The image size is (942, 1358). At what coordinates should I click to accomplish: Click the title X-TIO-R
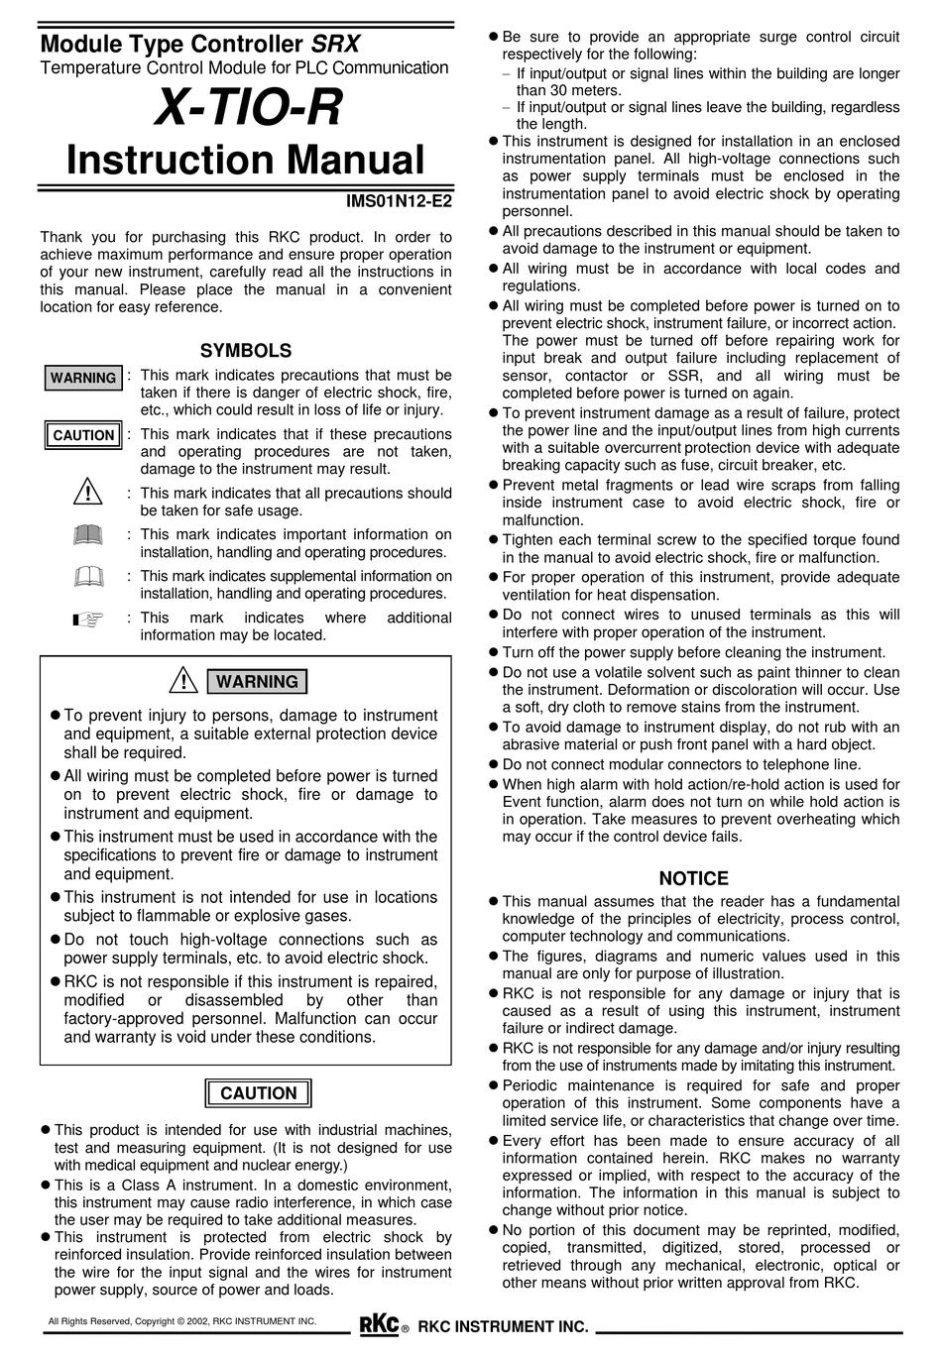[246, 108]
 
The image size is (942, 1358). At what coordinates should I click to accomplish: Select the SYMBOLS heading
[246, 351]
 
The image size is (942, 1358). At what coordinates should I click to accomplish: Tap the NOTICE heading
[693, 878]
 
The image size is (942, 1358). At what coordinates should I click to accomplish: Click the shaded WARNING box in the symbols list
[83, 378]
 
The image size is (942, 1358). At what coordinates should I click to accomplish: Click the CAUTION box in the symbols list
[83, 435]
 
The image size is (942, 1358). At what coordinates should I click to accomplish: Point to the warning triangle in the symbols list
[87, 492]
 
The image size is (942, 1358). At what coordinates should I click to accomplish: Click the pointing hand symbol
[87, 621]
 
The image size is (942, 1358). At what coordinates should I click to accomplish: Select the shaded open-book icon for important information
[87, 536]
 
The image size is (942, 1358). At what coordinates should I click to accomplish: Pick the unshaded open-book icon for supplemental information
[87, 577]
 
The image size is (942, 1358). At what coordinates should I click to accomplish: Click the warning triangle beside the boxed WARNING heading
[183, 681]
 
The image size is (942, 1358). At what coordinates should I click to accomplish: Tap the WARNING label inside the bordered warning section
[257, 682]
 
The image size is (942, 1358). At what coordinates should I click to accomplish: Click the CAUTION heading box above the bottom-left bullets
[258, 1093]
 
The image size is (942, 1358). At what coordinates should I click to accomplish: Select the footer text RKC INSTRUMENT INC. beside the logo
[503, 1327]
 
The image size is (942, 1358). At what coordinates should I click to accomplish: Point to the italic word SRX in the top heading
[336, 45]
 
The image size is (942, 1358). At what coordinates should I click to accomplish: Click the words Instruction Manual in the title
[245, 161]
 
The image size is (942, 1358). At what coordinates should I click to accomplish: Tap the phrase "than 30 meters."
[568, 90]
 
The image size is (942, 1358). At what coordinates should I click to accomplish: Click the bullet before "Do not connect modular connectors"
[494, 765]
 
